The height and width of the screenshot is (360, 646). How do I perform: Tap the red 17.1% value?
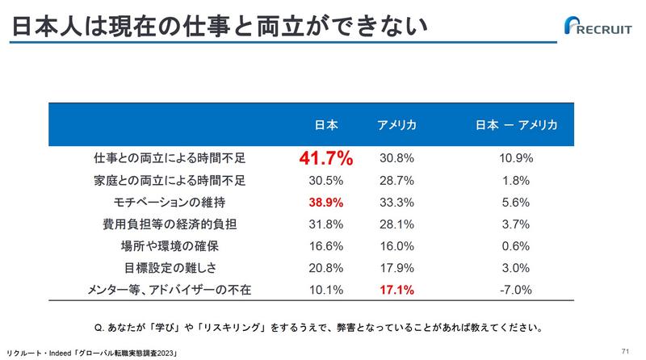396,289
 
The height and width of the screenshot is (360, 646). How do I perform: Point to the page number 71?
626,351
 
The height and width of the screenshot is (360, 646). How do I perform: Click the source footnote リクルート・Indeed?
90,353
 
